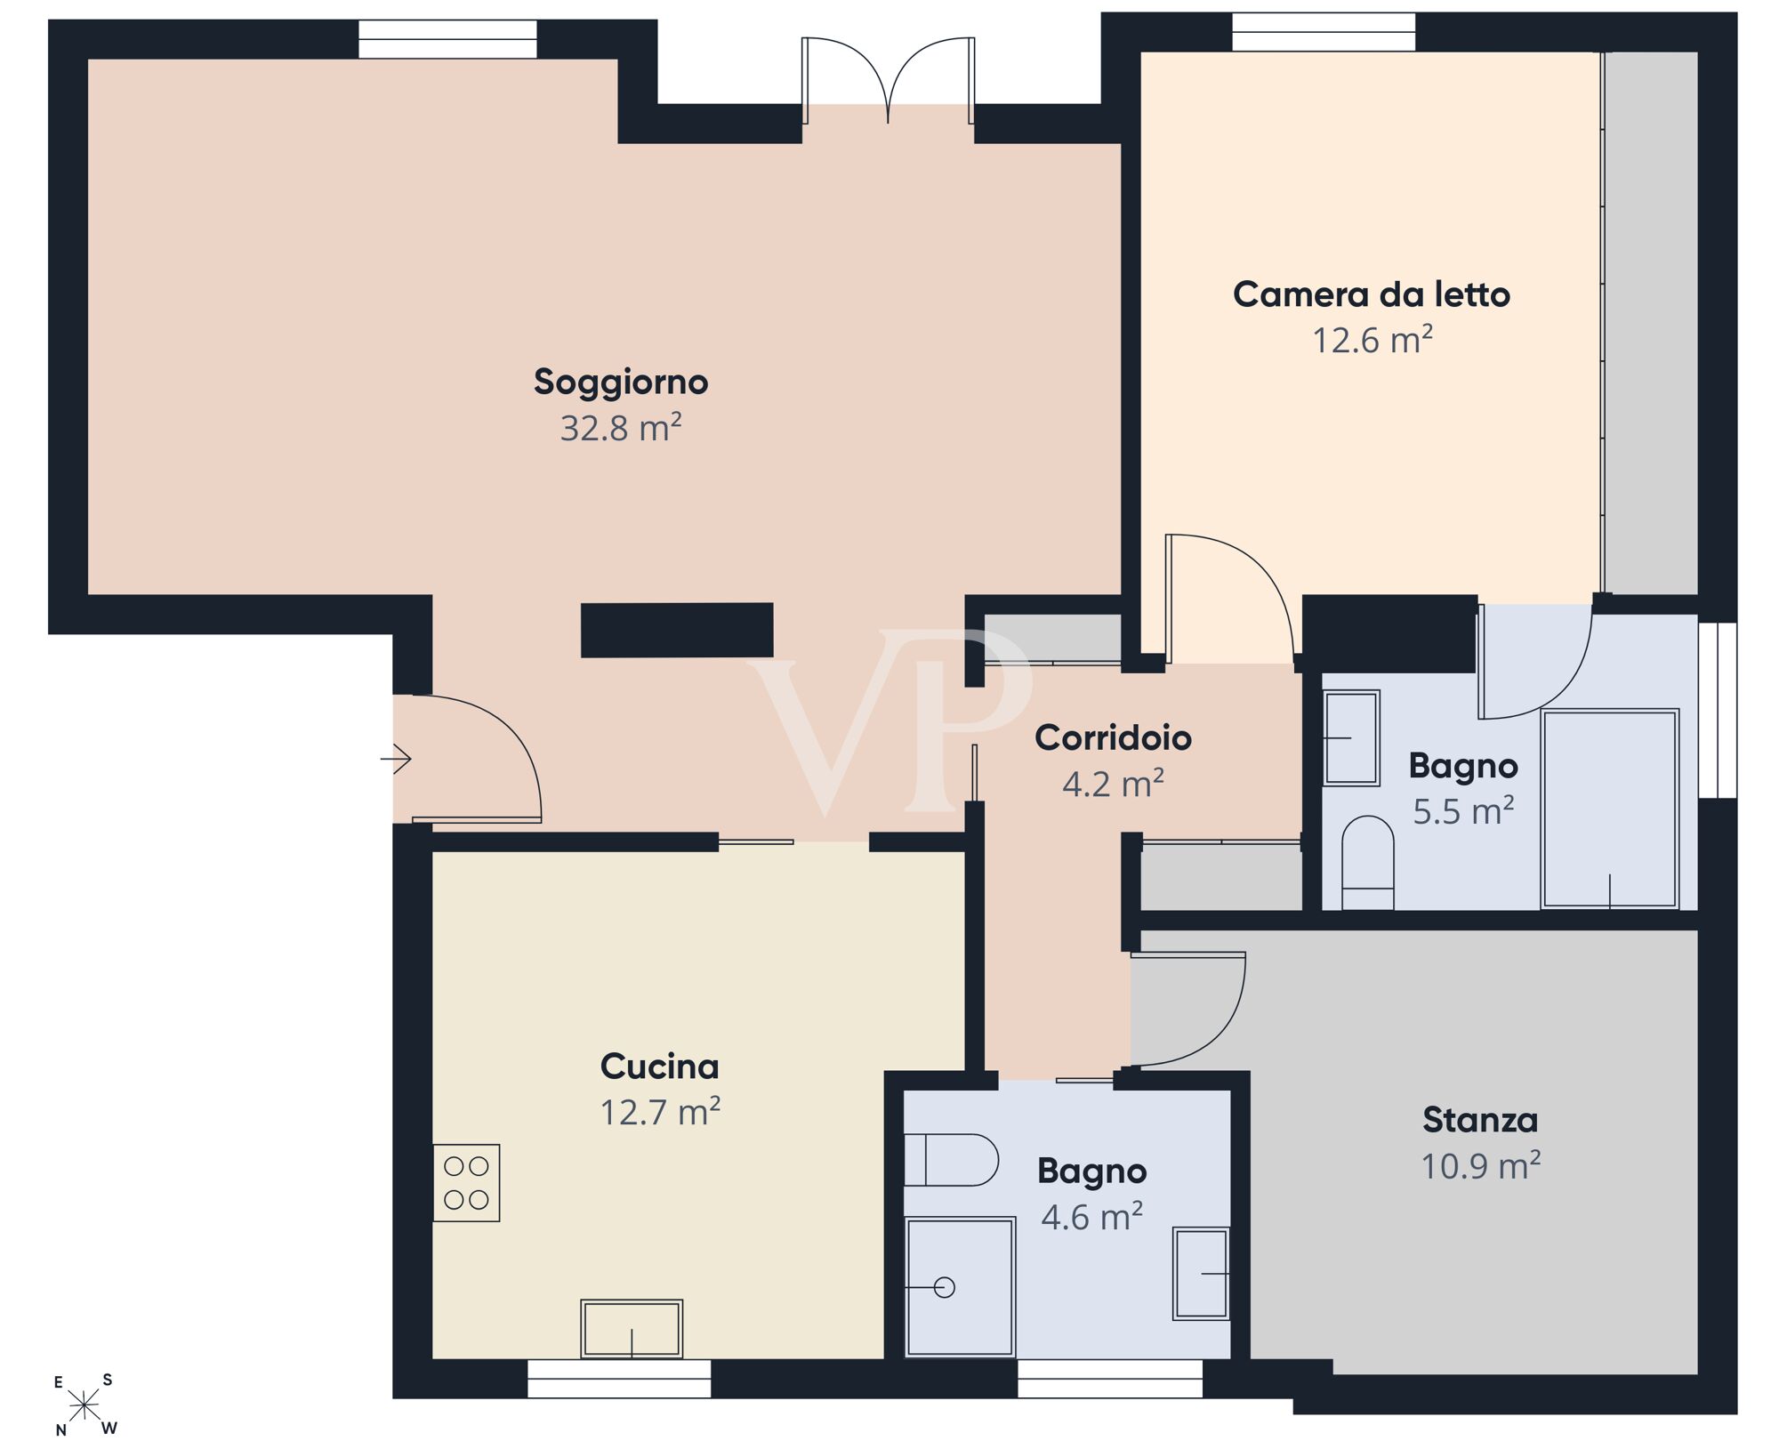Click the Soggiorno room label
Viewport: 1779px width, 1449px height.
click(x=621, y=382)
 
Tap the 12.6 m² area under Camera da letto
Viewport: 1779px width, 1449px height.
click(x=1372, y=341)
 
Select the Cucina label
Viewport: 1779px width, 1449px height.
click(x=659, y=1066)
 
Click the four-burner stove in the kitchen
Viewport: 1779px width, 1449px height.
click(x=467, y=1182)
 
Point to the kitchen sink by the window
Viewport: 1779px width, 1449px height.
click(x=632, y=1329)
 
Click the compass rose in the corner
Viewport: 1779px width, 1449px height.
click(x=85, y=1405)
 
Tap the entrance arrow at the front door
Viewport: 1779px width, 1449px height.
click(x=396, y=759)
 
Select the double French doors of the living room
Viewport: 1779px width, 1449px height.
click(x=888, y=81)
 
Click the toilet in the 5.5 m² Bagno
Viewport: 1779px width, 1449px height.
click(x=1367, y=863)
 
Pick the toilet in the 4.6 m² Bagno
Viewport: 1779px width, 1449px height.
click(x=951, y=1160)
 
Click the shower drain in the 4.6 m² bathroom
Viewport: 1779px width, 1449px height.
click(x=945, y=1287)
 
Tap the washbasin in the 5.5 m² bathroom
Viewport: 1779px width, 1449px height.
click(x=1351, y=738)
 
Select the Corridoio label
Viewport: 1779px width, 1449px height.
click(x=1113, y=737)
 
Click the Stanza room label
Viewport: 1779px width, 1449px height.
click(x=1480, y=1120)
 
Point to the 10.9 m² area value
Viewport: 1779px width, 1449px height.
click(x=1480, y=1166)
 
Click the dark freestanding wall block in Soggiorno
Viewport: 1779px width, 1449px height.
click(x=677, y=630)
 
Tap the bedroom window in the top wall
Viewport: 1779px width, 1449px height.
click(x=1324, y=32)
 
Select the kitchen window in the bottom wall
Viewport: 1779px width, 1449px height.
click(x=619, y=1379)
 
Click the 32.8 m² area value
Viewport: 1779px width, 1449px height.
click(x=621, y=428)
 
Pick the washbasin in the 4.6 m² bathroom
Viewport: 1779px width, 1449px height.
click(x=1202, y=1274)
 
